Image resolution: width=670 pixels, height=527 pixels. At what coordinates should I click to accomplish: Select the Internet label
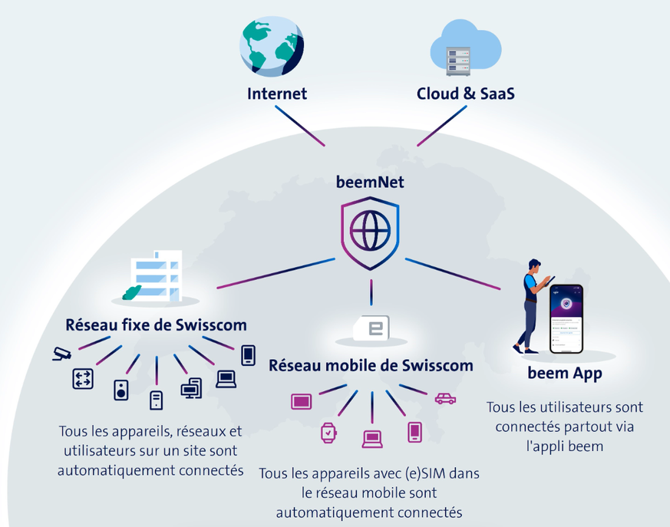click(x=277, y=94)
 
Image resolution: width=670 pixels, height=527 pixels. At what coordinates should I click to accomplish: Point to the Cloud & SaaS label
click(x=465, y=94)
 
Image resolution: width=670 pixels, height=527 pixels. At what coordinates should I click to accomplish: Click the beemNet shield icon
click(x=371, y=230)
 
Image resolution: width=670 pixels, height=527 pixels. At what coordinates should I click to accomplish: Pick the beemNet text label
click(x=370, y=182)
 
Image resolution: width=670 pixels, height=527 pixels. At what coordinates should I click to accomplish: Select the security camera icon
click(x=61, y=354)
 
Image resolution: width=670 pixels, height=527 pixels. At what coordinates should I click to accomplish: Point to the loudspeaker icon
click(x=121, y=390)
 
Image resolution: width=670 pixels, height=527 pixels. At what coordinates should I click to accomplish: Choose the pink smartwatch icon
click(x=328, y=433)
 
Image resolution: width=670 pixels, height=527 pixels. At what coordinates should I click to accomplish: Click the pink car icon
click(x=445, y=398)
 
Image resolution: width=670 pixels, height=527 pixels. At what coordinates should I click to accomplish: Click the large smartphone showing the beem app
click(x=565, y=319)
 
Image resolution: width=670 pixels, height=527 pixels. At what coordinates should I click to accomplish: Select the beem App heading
click(x=565, y=374)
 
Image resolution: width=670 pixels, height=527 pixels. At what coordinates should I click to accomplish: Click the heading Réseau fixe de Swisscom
click(x=156, y=324)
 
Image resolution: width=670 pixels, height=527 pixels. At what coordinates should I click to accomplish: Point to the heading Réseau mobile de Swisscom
click(x=370, y=365)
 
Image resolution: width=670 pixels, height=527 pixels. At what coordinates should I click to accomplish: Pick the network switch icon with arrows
click(x=83, y=378)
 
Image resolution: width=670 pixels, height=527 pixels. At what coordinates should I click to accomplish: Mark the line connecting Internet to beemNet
click(x=299, y=125)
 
